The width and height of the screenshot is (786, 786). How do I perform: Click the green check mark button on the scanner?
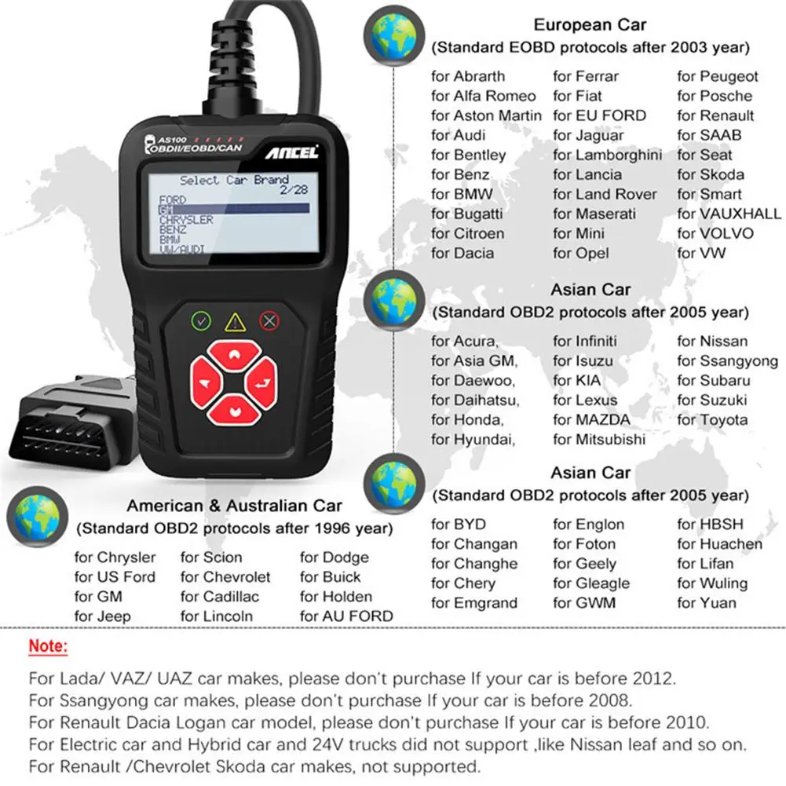coord(203,320)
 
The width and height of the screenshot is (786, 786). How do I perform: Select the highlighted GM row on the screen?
coord(233,210)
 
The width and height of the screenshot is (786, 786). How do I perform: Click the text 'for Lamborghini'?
coord(608,155)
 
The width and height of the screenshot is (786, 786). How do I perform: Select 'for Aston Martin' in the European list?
coord(486,115)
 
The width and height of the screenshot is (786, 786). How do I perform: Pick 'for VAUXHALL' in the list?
coord(729,214)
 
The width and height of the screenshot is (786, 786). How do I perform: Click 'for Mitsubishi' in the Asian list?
coord(599,440)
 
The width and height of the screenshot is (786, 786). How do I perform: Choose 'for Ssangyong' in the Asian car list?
coord(727,361)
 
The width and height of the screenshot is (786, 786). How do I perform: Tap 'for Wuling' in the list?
coord(712,583)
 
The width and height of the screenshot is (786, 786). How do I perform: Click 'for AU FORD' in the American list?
coord(346,616)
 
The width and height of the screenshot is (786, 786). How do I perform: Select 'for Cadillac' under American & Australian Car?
coord(220,597)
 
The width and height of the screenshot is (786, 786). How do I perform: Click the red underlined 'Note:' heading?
coord(49,647)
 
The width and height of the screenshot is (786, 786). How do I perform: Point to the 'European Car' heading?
coord(590,26)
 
